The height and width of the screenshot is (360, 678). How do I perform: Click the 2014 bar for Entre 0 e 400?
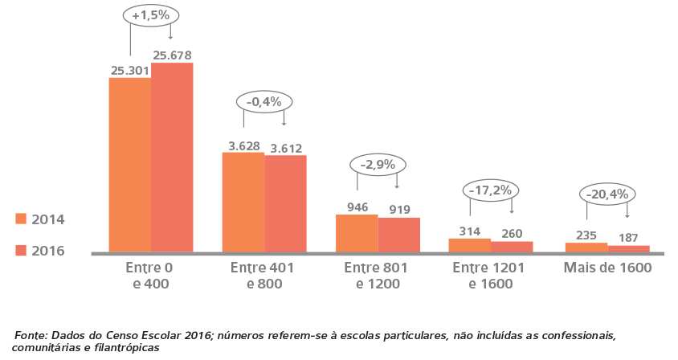point(129,165)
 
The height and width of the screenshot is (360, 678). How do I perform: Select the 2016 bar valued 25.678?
point(172,157)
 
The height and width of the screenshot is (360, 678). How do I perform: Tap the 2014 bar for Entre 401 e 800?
point(243,202)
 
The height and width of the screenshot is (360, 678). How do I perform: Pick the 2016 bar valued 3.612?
point(286,203)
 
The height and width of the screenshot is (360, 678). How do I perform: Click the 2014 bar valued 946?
point(357,233)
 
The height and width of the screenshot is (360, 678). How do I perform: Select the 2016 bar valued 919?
point(399,235)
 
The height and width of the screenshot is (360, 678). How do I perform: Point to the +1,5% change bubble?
point(150,16)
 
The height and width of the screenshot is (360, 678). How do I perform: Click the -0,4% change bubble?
point(263,101)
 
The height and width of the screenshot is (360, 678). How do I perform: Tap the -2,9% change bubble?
point(378,164)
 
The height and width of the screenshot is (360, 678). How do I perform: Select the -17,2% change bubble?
point(491,190)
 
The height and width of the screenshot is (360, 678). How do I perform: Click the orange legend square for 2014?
point(21,219)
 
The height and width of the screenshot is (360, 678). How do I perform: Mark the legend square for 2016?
point(21,250)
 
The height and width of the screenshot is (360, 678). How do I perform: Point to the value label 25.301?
point(130,70)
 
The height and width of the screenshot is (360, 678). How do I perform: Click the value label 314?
point(470,231)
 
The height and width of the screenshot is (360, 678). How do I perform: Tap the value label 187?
point(627,238)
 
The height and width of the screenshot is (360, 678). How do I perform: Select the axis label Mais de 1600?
point(608,267)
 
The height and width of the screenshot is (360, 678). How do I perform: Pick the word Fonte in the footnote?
point(31,334)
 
